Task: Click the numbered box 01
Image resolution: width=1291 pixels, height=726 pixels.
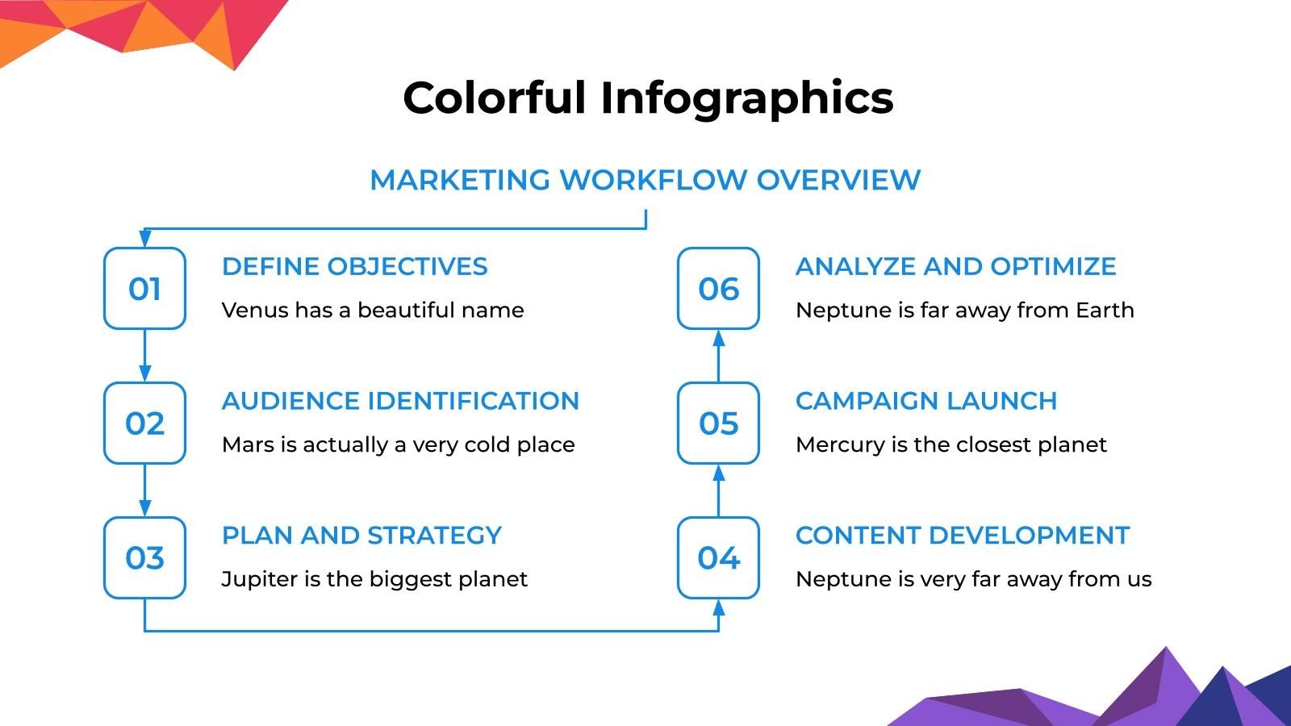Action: tap(144, 288)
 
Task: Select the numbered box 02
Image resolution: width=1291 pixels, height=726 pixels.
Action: tap(144, 423)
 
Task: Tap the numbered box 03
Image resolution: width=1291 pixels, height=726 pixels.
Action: tap(144, 557)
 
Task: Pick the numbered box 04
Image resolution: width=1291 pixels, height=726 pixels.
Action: tap(718, 557)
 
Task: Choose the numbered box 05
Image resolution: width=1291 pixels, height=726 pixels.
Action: tap(718, 423)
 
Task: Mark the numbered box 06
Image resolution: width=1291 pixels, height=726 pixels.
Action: tap(718, 288)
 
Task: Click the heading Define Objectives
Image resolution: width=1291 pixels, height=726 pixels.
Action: tap(354, 266)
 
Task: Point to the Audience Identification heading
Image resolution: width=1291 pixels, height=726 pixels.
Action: tap(400, 401)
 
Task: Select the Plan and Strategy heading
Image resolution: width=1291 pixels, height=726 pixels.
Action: tap(361, 536)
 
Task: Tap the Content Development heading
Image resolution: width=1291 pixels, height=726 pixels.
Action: tap(962, 536)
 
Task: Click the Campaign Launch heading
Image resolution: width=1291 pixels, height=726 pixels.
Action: tap(925, 401)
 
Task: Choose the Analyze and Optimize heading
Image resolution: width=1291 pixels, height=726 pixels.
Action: tap(955, 266)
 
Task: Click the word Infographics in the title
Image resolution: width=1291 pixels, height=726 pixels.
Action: tap(746, 98)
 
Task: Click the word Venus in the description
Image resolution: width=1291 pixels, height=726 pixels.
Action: tap(249, 311)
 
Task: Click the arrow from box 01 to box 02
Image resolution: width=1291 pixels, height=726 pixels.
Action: tap(144, 356)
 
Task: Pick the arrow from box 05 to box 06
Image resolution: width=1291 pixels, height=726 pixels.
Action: tap(718, 356)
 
